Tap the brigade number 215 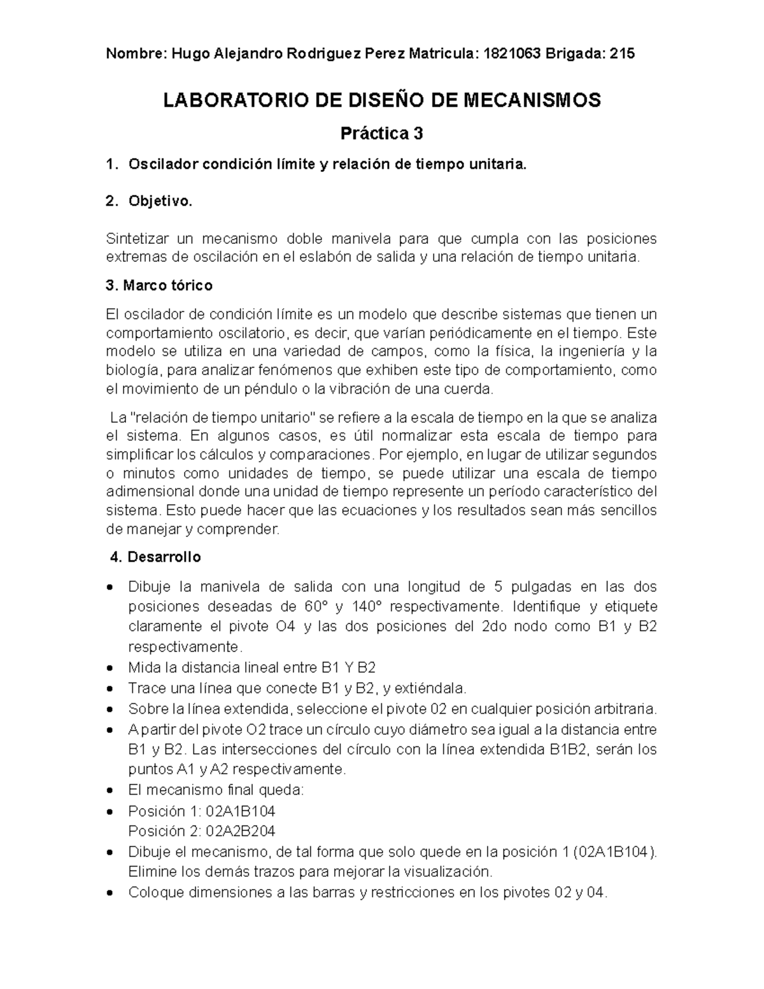coord(622,54)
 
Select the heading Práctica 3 coord(381,134)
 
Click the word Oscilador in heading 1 coord(163,165)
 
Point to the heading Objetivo coord(160,202)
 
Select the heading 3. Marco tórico coord(159,286)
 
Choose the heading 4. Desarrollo coord(155,557)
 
